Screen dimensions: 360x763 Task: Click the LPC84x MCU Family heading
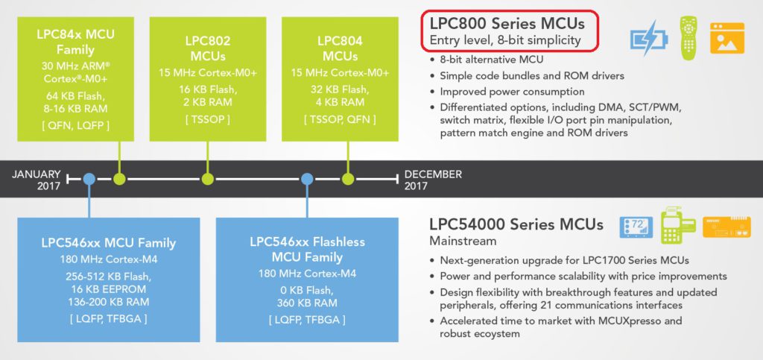[x=75, y=42]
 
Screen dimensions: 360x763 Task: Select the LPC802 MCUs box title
[x=208, y=47]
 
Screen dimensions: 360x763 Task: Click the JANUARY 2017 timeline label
[x=36, y=180]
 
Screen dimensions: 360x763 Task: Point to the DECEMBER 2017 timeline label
[x=433, y=180]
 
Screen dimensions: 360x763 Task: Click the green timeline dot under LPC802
[x=208, y=179]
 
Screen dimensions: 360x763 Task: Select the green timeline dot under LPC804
[x=347, y=179]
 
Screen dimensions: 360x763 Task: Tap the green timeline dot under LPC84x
[x=119, y=179]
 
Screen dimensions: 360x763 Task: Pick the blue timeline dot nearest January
[x=89, y=179]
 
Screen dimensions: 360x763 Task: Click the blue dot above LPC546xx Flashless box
[x=306, y=179]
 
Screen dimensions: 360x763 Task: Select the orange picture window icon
[x=726, y=37]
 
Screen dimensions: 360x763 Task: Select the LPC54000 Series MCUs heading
[x=516, y=224]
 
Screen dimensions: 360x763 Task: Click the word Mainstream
[x=463, y=241]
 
